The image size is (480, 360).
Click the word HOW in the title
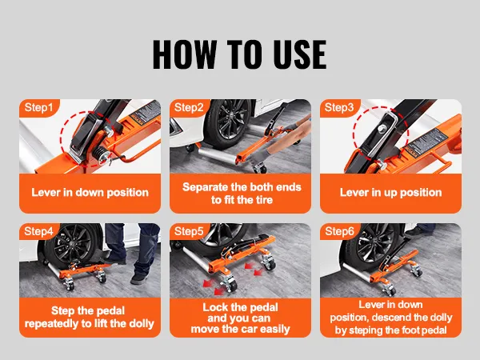(185, 54)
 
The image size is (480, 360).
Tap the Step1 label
(38, 107)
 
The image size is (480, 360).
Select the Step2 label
(189, 107)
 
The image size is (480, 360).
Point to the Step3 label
(339, 107)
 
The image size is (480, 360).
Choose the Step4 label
(38, 231)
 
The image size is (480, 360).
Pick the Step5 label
(189, 231)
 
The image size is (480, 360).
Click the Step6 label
(339, 231)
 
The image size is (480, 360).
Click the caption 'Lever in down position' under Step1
(90, 193)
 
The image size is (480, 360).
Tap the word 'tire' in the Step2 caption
(263, 200)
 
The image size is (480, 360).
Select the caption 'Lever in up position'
(391, 193)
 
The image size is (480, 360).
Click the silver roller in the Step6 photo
(357, 273)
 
